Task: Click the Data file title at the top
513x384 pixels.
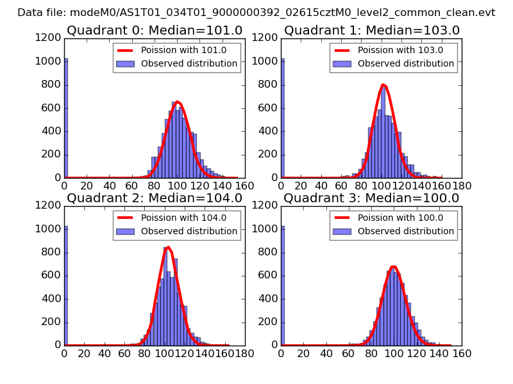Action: tap(256, 12)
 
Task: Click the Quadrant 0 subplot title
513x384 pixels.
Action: tap(155, 30)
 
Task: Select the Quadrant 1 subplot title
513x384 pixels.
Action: tap(372, 30)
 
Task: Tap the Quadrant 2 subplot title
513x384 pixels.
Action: tap(155, 198)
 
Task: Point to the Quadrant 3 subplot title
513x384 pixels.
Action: tap(372, 198)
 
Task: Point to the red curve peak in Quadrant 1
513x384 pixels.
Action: tap(383, 84)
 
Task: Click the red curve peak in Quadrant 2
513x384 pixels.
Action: tap(167, 248)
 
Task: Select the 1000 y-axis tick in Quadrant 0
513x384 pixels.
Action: tap(49, 61)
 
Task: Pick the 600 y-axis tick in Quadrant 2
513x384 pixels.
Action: tap(52, 275)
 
